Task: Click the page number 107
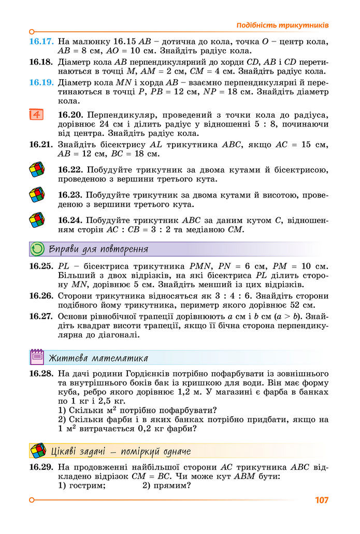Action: pyautogui.click(x=321, y=500)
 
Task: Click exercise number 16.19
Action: pyautogui.click(x=41, y=82)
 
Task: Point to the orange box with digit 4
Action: pyautogui.click(x=36, y=114)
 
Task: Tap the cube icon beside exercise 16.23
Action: pyautogui.click(x=37, y=194)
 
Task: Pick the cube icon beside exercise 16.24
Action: pyautogui.click(x=37, y=220)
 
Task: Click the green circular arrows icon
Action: pyautogui.click(x=38, y=249)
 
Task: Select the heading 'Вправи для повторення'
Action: pyautogui.click(x=98, y=249)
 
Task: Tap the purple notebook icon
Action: pyautogui.click(x=37, y=357)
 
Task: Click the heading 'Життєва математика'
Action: pyautogui.click(x=98, y=358)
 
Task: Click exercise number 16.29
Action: pyautogui.click(x=41, y=467)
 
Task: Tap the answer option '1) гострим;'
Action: pyautogui.click(x=82, y=486)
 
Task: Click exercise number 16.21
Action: pyautogui.click(x=41, y=145)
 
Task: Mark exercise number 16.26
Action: pyautogui.click(x=41, y=296)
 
